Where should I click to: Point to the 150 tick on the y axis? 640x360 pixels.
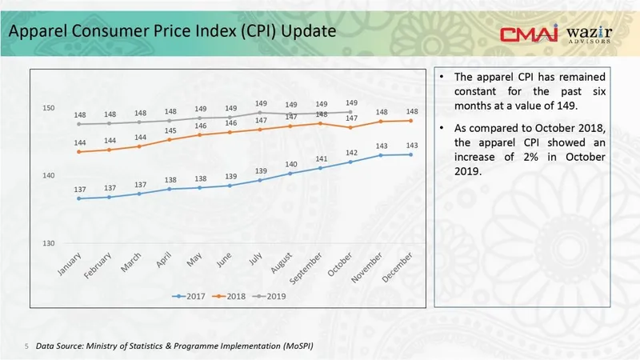tap(49, 108)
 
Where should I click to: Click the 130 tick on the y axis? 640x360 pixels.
tap(49, 243)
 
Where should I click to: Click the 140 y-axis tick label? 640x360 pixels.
tap(49, 176)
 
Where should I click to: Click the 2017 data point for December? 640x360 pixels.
tap(411, 154)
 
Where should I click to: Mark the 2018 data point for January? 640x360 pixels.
tap(78, 151)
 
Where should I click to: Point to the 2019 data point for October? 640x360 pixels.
tap(350, 112)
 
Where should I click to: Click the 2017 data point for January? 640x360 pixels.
tap(78, 198)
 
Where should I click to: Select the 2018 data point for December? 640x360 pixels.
tap(411, 121)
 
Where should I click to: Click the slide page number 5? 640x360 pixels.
tap(26, 346)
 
